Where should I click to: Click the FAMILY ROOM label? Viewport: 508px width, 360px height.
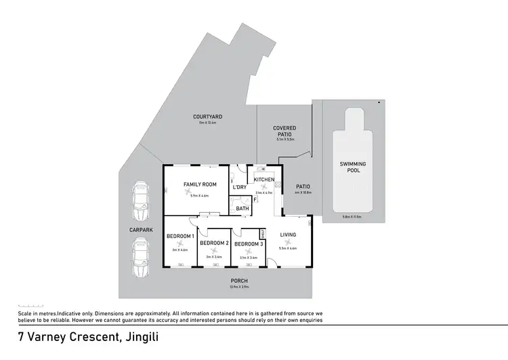200,184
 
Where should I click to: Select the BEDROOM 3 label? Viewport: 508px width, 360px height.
248,243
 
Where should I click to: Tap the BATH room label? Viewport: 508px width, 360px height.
242,208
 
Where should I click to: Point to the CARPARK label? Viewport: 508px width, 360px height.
141,230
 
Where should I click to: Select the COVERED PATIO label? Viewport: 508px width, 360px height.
284,131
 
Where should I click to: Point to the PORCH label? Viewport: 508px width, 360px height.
238,281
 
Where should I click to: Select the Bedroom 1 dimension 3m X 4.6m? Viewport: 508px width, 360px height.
179,249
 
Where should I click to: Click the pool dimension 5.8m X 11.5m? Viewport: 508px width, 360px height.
352,217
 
